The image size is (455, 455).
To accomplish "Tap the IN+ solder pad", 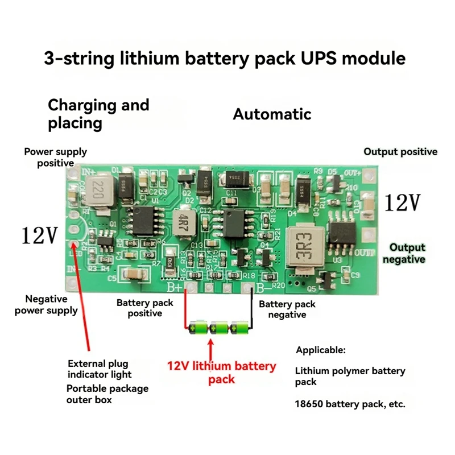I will pyautogui.click(x=72, y=173).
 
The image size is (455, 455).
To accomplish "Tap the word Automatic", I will pyautogui.click(x=272, y=114).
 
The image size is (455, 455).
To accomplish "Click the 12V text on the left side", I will pyautogui.click(x=40, y=235).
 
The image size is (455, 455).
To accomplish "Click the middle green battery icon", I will pyautogui.click(x=218, y=328).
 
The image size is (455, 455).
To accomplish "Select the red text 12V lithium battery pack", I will pyautogui.click(x=221, y=373).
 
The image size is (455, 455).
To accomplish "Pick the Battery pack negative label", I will pyautogui.click(x=287, y=309).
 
